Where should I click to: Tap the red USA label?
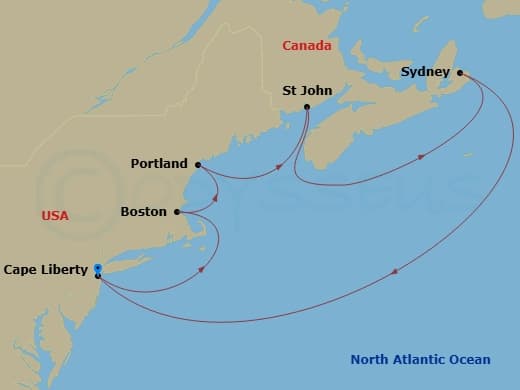[55, 216]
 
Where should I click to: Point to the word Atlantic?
[428, 360]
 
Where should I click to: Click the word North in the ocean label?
[371, 360]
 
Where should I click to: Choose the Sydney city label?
[426, 72]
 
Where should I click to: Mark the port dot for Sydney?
[460, 72]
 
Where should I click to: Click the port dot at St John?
[306, 107]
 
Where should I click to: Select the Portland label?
[159, 163]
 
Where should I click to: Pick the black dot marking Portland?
[198, 164]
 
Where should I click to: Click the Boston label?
[143, 212]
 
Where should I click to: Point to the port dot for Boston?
[177, 212]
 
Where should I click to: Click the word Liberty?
[64, 269]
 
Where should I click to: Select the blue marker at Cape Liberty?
[97, 268]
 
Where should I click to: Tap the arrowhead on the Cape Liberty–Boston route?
[203, 268]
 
